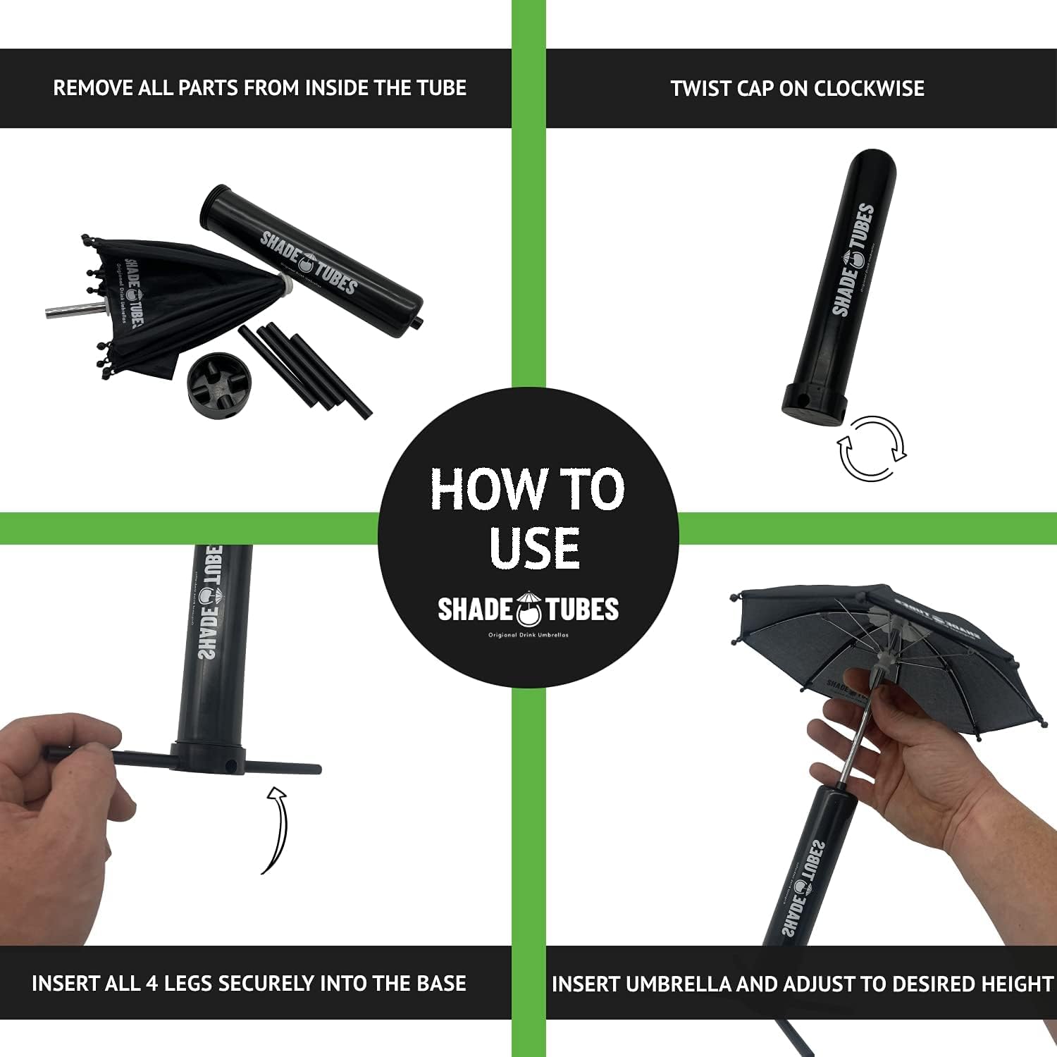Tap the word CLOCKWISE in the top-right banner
(x=869, y=89)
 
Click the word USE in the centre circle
(x=535, y=548)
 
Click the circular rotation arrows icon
(x=871, y=448)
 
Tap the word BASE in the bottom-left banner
(x=441, y=984)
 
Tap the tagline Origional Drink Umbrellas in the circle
(x=528, y=635)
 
